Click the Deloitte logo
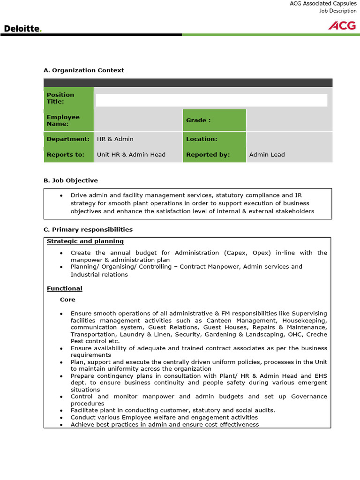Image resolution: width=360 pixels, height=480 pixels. (23, 29)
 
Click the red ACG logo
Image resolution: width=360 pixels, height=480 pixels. (342, 25)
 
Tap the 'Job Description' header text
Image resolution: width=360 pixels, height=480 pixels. (338, 11)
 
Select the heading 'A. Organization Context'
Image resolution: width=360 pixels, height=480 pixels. (83, 70)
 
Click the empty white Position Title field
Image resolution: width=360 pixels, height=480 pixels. (211, 100)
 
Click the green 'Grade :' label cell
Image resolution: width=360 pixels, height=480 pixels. (214, 120)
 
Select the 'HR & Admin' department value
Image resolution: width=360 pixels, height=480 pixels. (115, 139)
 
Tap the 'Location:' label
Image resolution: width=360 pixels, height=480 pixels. (202, 139)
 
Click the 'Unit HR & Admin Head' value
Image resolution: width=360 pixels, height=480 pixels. (131, 154)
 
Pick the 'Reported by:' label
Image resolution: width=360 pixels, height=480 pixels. (208, 154)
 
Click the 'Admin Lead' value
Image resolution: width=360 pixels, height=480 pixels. (267, 154)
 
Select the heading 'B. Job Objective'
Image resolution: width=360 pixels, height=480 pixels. (70, 180)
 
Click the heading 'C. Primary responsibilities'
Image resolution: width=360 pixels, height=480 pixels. (88, 229)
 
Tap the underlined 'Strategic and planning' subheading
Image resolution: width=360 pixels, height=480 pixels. (85, 241)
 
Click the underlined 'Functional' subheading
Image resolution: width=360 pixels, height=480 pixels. (64, 288)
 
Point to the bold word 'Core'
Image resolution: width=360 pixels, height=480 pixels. (67, 300)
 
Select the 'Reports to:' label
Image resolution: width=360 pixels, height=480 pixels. (66, 154)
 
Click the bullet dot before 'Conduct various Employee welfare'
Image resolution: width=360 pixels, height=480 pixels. (61, 417)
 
